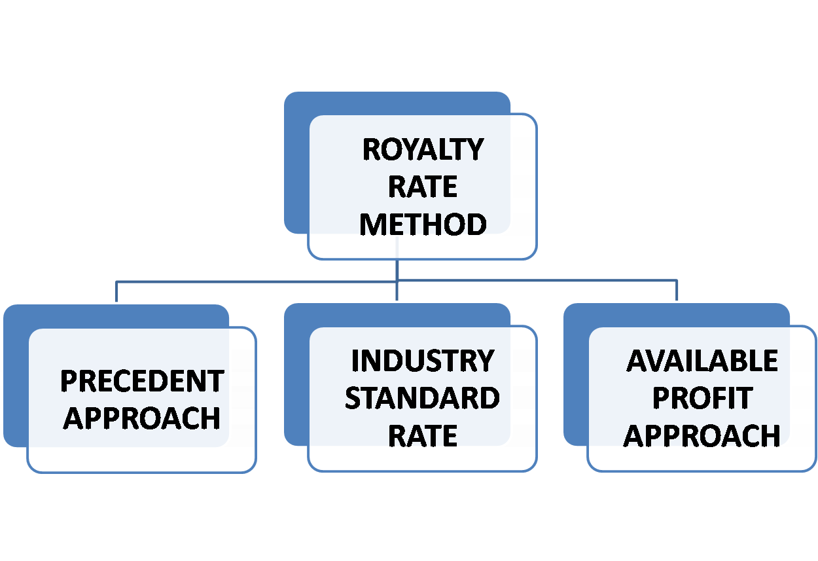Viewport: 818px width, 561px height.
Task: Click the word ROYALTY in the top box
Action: pos(423,150)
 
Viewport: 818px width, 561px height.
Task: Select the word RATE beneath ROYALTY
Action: pos(423,187)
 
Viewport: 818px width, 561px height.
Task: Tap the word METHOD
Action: pos(423,225)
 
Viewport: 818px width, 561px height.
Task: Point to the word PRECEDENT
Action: pos(142,381)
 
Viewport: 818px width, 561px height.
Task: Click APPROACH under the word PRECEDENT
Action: pos(142,418)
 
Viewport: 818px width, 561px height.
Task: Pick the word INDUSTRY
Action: pos(423,361)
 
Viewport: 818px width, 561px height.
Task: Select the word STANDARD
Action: pos(423,398)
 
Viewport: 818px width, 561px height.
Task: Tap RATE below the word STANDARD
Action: pos(423,435)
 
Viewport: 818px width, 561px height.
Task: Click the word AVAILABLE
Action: pos(702,361)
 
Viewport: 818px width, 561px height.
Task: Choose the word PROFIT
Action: pos(702,398)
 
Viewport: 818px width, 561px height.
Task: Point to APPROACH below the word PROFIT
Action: pos(702,435)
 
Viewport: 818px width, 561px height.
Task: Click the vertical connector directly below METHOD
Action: pos(397,270)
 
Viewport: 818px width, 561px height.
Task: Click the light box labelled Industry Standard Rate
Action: pos(423,458)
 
